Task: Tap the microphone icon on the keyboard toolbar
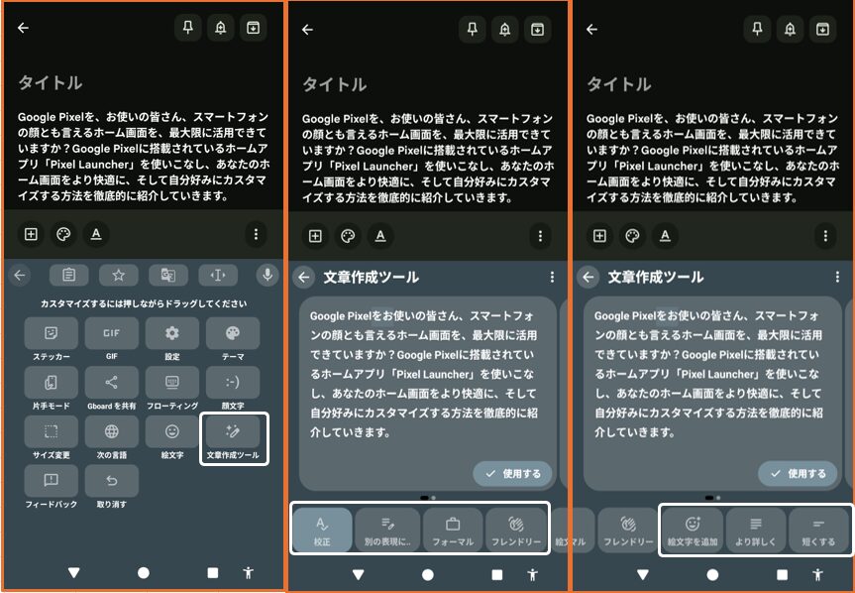[x=267, y=275]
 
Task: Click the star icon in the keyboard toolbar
[x=118, y=276]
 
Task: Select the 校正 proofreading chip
[x=322, y=530]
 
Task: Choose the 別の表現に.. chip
[x=387, y=530]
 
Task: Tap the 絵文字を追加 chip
[x=693, y=530]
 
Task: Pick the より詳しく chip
[x=756, y=530]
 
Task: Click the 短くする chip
[x=818, y=530]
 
